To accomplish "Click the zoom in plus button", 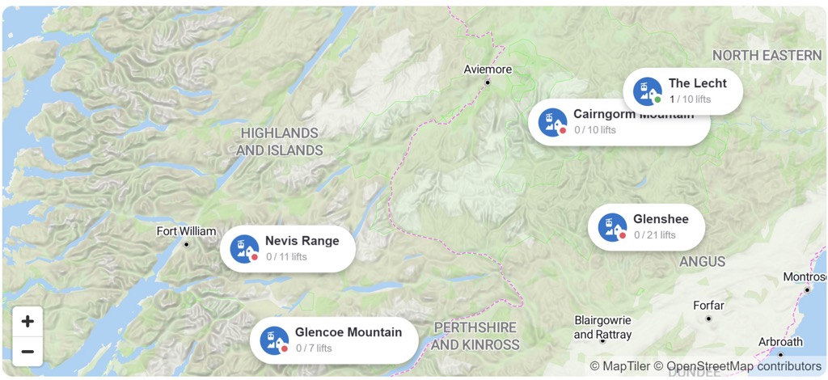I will tap(27, 322).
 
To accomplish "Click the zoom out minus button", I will tap(27, 352).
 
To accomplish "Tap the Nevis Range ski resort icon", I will tap(244, 248).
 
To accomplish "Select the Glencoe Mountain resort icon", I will tap(274, 340).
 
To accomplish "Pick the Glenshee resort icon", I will tap(612, 227).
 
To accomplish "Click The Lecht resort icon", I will tap(648, 91).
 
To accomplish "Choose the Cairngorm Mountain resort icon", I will tap(552, 122).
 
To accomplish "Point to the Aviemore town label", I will tap(488, 70).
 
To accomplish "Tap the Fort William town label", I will tap(186, 231).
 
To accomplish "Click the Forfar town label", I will tap(709, 306).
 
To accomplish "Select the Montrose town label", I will tap(805, 277).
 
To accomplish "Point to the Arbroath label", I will tap(780, 342).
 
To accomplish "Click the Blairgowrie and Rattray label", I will tap(603, 327).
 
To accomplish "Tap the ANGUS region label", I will tap(702, 261).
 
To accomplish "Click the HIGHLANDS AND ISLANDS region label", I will tap(280, 141).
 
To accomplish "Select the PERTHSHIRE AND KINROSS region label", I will tap(475, 336).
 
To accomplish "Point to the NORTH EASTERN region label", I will tap(767, 55).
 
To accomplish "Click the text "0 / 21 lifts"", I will tap(654, 235).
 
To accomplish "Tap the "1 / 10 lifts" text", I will tap(690, 99).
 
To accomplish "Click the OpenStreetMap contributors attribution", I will tap(745, 366).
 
